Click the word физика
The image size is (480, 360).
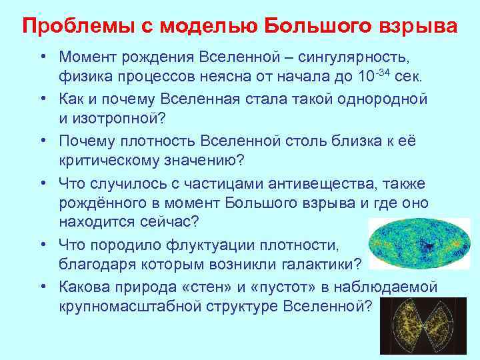84,77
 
